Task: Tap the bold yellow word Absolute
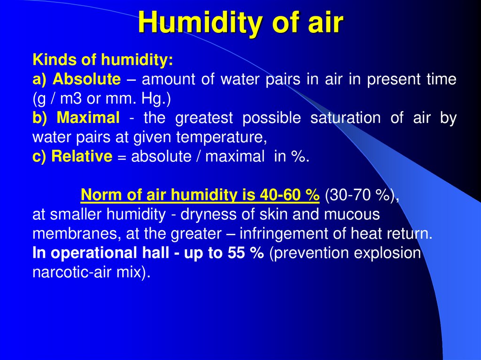pyautogui.click(x=86, y=79)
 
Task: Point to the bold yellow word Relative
pyautogui.click(x=82, y=156)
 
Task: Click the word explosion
pyautogui.click(x=387, y=253)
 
